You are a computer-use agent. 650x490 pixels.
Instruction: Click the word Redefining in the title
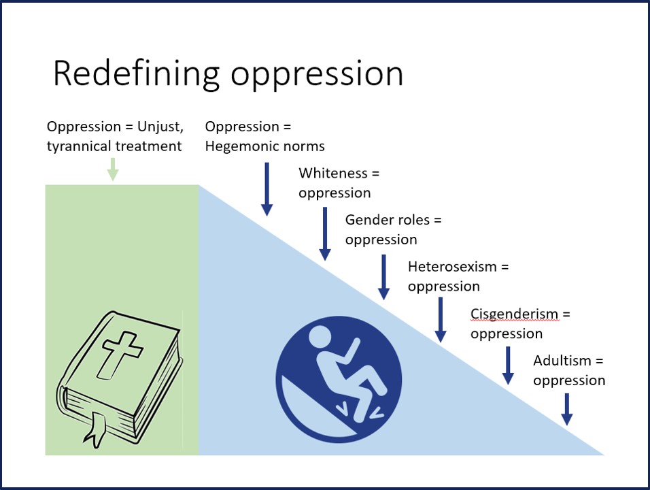(137, 73)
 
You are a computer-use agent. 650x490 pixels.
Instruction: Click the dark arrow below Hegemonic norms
(267, 189)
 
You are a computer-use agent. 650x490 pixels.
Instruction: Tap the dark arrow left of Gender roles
(325, 233)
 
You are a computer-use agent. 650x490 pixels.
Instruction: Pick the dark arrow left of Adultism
(507, 365)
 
